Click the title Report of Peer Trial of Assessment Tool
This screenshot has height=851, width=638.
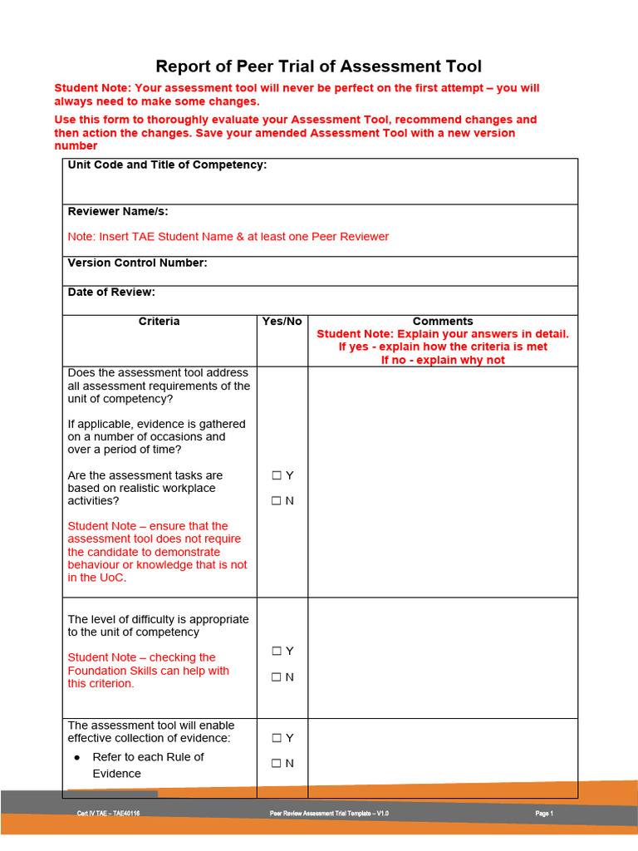pyautogui.click(x=319, y=66)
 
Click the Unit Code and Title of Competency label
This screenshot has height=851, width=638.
pyautogui.click(x=167, y=165)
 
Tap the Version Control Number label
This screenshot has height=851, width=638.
pyautogui.click(x=137, y=263)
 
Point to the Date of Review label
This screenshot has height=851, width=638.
pyautogui.click(x=111, y=293)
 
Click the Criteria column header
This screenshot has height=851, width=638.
pyautogui.click(x=159, y=322)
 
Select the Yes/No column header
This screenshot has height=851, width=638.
pyautogui.click(x=282, y=322)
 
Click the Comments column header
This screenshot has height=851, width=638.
pyautogui.click(x=443, y=322)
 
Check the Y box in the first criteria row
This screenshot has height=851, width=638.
pyautogui.click(x=277, y=475)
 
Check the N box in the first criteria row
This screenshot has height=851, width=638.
pyautogui.click(x=277, y=501)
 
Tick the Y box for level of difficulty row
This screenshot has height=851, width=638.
pyautogui.click(x=277, y=652)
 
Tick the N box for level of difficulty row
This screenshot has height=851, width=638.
pyautogui.click(x=277, y=677)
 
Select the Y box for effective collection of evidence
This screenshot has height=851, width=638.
pyautogui.click(x=277, y=738)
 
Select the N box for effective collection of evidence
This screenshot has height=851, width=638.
pyautogui.click(x=277, y=764)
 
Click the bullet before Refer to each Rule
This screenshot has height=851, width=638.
pyautogui.click(x=77, y=758)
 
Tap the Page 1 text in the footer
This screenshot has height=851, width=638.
pyautogui.click(x=544, y=814)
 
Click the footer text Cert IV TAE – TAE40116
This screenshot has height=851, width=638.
pyautogui.click(x=108, y=814)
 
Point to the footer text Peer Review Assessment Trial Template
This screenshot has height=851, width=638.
pyautogui.click(x=329, y=814)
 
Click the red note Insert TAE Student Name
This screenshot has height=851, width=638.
pyautogui.click(x=228, y=237)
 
